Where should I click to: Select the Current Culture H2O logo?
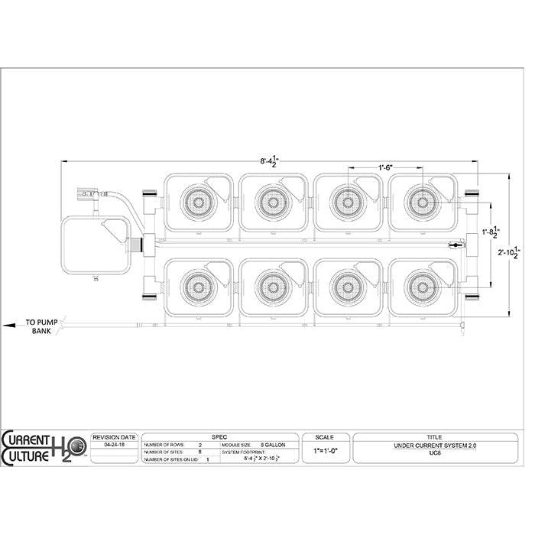44,448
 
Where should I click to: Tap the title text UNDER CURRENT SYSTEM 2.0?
434,444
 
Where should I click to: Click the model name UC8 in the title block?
434,452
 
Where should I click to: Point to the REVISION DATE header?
114,436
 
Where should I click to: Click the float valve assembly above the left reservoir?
90,194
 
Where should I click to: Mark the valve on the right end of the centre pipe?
454,245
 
